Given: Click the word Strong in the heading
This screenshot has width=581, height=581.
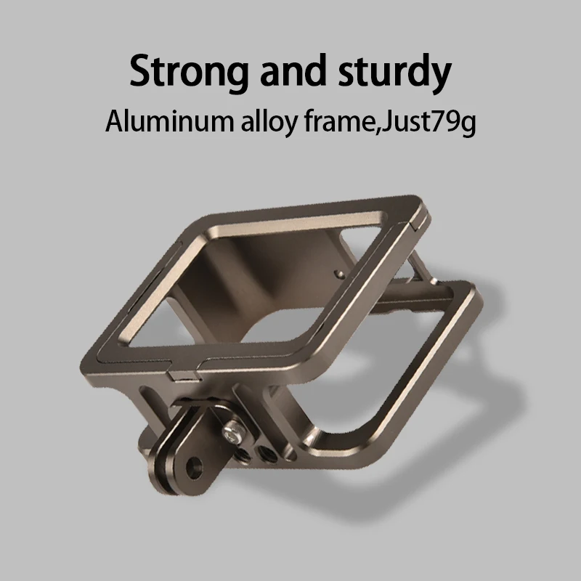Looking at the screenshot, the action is [x=188, y=71].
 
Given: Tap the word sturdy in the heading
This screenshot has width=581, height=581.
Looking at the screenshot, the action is [x=394, y=71].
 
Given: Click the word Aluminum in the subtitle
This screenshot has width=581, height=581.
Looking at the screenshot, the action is [x=169, y=121].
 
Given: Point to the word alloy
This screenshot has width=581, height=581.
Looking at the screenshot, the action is [x=269, y=122].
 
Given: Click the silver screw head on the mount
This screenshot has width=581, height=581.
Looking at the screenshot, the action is [x=232, y=431].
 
